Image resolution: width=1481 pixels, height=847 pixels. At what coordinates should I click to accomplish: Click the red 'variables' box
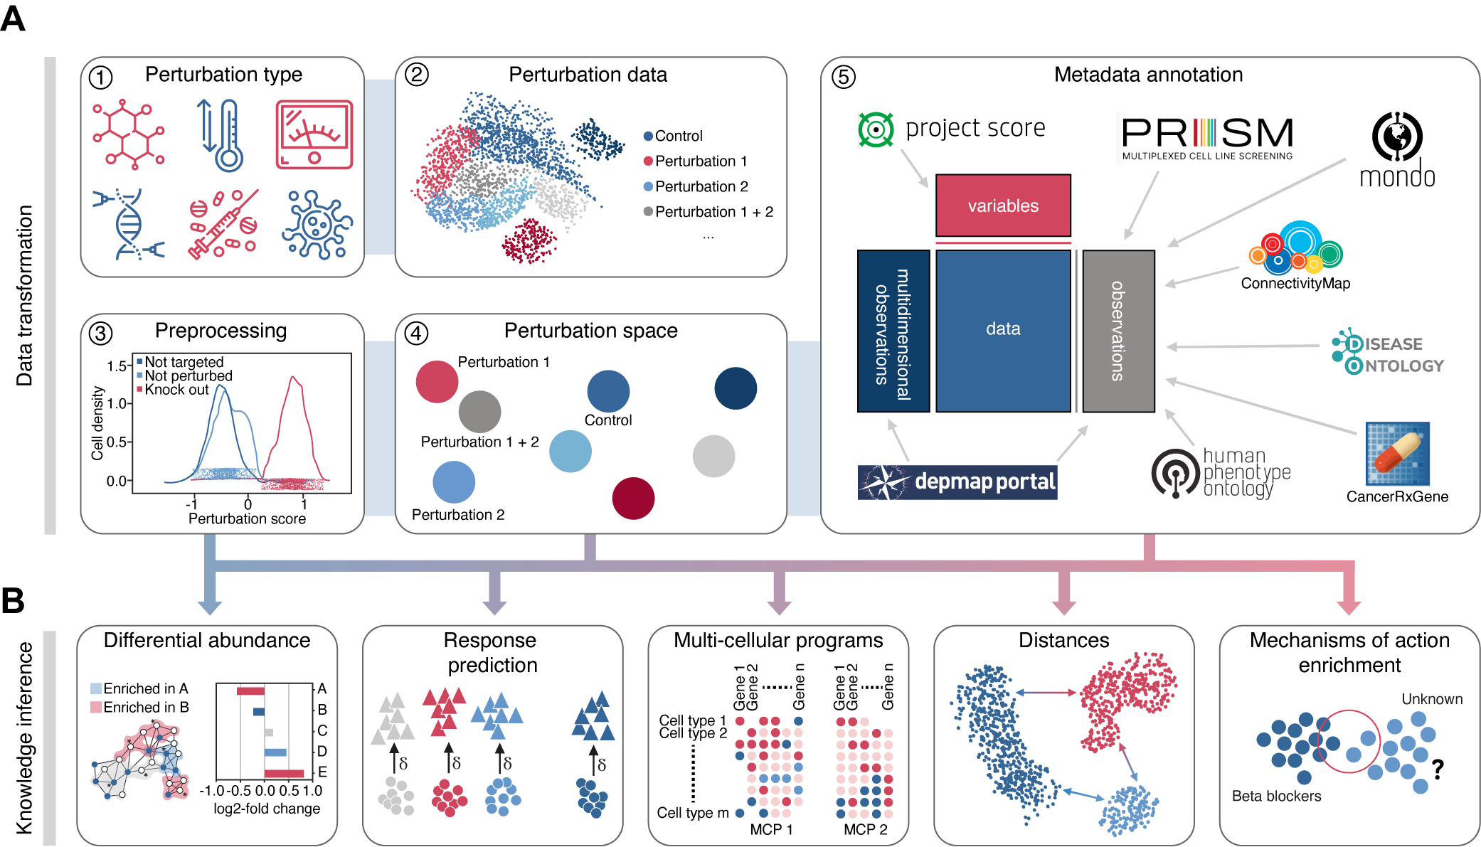tap(1003, 206)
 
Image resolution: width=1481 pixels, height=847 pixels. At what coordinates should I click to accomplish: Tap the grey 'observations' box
tap(1118, 331)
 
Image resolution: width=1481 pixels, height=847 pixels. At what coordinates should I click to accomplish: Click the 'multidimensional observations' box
tap(893, 331)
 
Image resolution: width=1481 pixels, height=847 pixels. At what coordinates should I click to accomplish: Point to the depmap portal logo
tap(957, 482)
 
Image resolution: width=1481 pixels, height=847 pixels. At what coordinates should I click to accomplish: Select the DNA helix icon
tap(129, 224)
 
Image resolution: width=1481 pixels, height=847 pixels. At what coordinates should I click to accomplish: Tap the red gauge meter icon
tap(314, 134)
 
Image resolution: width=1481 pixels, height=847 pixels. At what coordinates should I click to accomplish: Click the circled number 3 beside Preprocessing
tap(100, 333)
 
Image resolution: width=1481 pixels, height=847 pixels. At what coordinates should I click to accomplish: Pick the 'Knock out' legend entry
tap(176, 390)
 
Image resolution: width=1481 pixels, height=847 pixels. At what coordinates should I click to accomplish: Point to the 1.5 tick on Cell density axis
tap(117, 366)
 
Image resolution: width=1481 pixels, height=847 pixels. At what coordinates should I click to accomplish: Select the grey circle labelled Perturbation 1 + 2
tap(479, 412)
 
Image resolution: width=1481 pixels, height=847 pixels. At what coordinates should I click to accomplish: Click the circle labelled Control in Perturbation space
tap(608, 391)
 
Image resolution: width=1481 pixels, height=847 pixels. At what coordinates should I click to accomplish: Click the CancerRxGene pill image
tap(1397, 454)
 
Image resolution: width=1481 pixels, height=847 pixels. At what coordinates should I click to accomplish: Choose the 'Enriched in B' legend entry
tap(139, 708)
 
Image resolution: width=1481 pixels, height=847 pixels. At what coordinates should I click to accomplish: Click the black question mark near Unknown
tap(1438, 769)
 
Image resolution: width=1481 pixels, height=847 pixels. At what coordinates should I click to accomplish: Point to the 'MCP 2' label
tap(865, 829)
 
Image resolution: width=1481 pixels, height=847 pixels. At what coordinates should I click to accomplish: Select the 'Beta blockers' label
tap(1276, 797)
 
